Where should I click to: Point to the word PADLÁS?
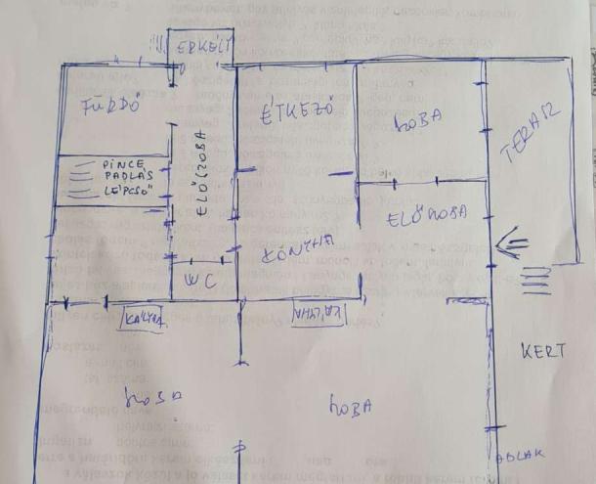tap(125, 178)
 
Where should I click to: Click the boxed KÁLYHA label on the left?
tap(141, 317)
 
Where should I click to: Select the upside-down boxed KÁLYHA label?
tap(319, 313)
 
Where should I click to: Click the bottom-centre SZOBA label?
tap(350, 405)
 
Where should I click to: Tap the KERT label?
tap(542, 352)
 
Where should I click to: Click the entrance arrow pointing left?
tap(512, 242)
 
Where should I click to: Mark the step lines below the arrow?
tap(534, 283)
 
